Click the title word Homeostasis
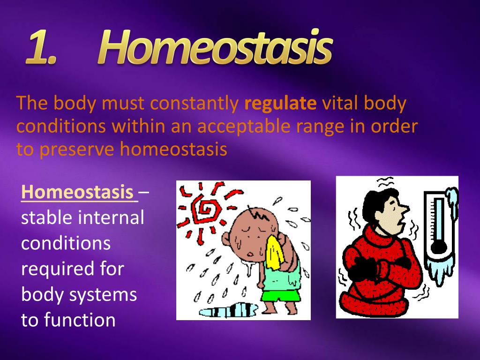tap(216, 48)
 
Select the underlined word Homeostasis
tap(77, 192)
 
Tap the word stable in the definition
tap(46, 218)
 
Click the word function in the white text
tap(80, 320)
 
